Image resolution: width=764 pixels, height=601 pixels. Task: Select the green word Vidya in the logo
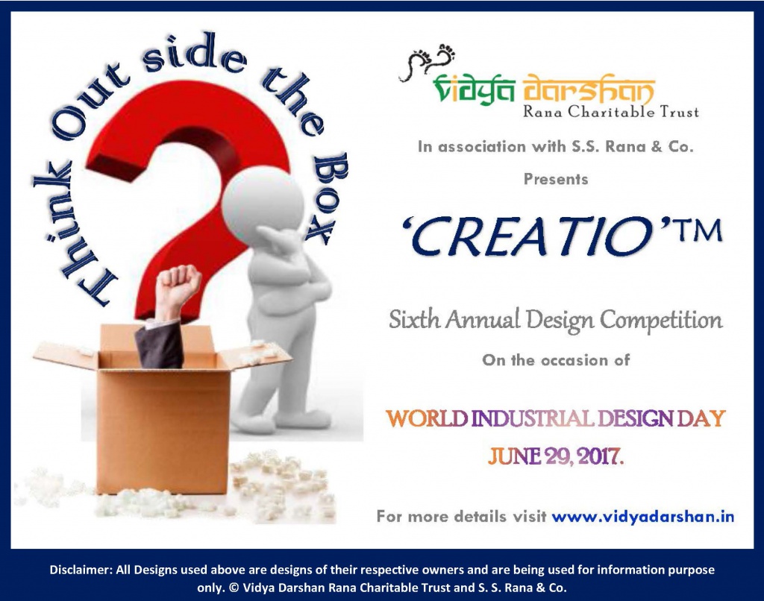pyautogui.click(x=462, y=92)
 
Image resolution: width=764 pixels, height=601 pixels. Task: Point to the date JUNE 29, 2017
pyautogui.click(x=555, y=456)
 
